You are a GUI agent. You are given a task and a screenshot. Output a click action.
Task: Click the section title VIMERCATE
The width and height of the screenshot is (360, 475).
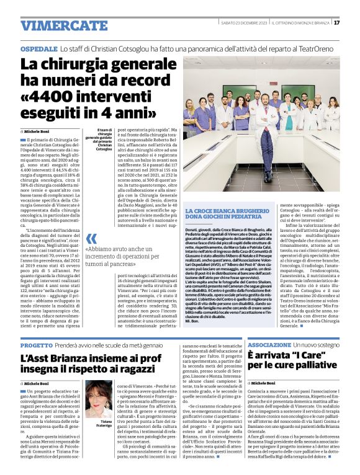click(x=55, y=25)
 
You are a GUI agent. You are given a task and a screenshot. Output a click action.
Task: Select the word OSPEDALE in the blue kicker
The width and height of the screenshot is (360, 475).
click(x=38, y=48)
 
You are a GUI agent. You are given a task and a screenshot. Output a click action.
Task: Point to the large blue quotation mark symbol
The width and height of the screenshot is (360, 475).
click(x=91, y=238)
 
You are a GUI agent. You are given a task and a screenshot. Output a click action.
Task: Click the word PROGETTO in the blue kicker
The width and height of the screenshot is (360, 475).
click(x=36, y=344)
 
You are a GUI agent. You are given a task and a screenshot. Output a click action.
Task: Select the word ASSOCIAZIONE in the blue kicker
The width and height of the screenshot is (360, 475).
click(x=269, y=344)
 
